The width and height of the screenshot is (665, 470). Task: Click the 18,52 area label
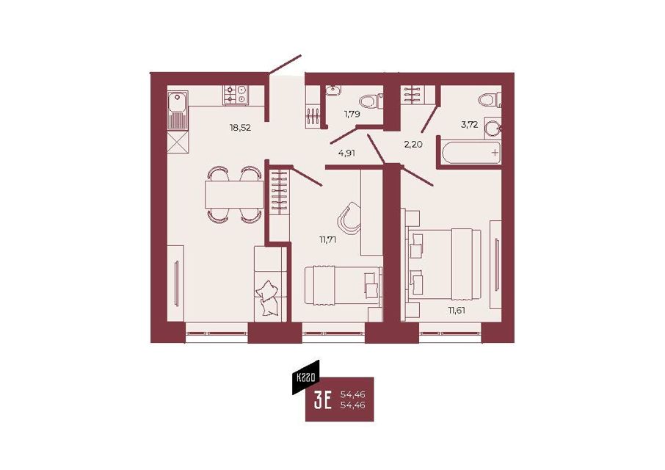click(240, 127)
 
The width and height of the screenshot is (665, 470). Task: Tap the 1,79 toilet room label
click(352, 114)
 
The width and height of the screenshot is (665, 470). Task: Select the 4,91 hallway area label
click(346, 153)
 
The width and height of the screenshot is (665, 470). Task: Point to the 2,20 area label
click(413, 144)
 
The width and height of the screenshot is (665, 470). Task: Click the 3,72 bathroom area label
click(470, 125)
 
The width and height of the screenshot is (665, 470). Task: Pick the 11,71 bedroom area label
click(327, 239)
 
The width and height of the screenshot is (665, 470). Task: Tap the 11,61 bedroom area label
click(457, 310)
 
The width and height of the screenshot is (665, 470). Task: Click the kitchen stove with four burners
click(236, 95)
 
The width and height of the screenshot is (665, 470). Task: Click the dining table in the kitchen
click(234, 195)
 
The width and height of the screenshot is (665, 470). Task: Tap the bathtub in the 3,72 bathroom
click(471, 153)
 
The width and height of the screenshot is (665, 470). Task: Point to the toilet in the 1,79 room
click(371, 101)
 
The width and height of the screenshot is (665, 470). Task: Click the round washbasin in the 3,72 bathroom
click(493, 128)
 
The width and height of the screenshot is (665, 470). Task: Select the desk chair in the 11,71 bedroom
click(349, 218)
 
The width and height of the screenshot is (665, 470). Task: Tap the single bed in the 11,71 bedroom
click(343, 286)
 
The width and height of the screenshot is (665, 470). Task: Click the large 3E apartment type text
click(323, 400)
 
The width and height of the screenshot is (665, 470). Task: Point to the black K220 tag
click(306, 377)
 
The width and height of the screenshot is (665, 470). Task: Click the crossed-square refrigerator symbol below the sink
click(178, 142)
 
